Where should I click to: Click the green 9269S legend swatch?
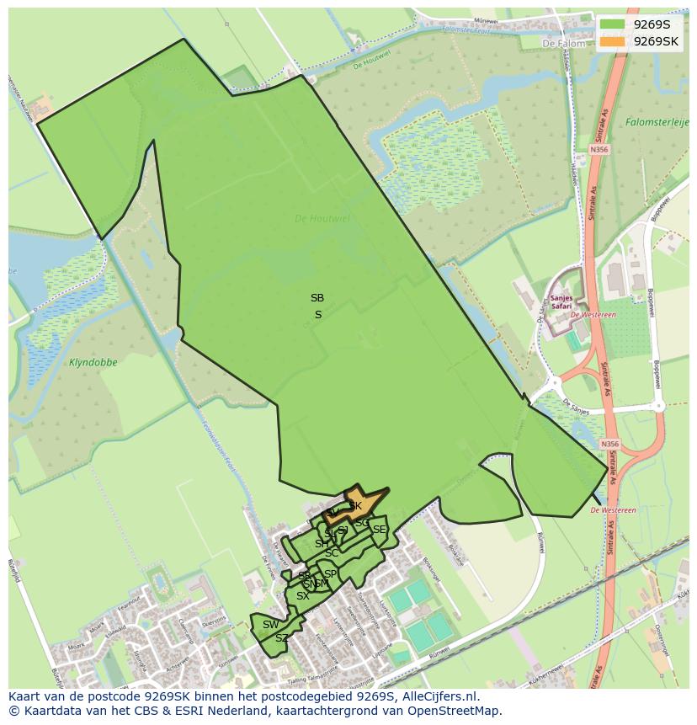tap(613, 24)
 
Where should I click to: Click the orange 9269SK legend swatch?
tap(613, 41)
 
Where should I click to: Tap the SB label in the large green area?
tap(317, 298)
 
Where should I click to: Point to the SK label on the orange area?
tap(355, 506)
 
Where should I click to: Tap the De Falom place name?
tap(562, 43)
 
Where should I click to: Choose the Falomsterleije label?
tap(657, 122)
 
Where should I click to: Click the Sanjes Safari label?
tap(561, 301)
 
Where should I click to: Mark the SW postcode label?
tap(270, 625)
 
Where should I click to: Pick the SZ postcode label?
tap(282, 638)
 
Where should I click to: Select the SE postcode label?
tap(380, 530)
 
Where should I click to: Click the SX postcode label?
tap(302, 596)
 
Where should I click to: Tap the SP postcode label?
tap(330, 574)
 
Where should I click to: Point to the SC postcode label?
tap(332, 553)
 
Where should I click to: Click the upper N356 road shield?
tap(599, 149)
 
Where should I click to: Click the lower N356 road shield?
tap(610, 444)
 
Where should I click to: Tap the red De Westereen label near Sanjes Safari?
tap(593, 315)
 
